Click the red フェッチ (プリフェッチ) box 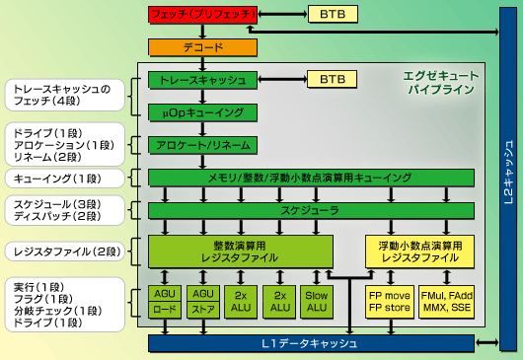click(203, 15)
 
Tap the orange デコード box click(202, 46)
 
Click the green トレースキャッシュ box click(202, 79)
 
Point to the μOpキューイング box click(202, 111)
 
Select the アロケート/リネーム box click(202, 145)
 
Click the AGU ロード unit click(164, 301)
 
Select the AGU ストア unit click(202, 301)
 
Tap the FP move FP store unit click(389, 301)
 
